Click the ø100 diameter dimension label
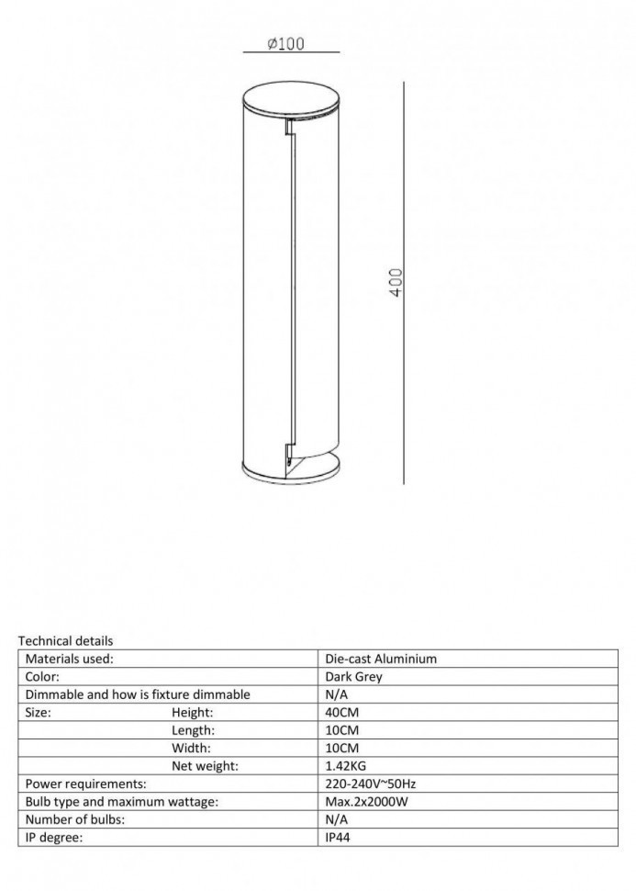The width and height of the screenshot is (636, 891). (285, 43)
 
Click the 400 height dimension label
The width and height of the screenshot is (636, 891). (396, 282)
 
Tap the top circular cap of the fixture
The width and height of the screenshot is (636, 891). (291, 96)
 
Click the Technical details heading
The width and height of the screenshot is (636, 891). (65, 640)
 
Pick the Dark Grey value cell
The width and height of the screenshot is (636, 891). (353, 677)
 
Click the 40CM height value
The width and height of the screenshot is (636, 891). (342, 712)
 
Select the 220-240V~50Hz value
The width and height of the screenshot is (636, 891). (372, 784)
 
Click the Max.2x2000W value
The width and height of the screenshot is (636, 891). (365, 802)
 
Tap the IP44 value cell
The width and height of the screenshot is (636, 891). (338, 838)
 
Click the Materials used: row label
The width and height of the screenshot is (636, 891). (70, 659)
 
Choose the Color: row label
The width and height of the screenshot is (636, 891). (42, 677)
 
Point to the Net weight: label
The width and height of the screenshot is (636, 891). (205, 766)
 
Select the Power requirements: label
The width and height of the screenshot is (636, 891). (86, 784)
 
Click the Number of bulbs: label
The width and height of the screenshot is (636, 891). (75, 819)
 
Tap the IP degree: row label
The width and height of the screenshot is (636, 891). (56, 838)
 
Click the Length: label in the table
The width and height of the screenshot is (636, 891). (193, 730)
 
